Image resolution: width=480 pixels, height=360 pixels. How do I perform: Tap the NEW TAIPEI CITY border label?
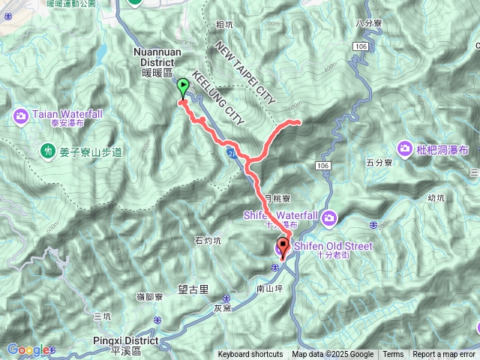[246, 72]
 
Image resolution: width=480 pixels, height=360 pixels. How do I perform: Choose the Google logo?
[28, 349]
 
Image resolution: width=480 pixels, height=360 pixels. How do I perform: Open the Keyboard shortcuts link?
[250, 355]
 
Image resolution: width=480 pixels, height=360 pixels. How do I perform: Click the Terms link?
[393, 355]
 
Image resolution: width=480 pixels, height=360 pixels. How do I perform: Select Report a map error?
[445, 355]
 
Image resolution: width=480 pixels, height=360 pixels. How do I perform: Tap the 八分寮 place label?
[370, 23]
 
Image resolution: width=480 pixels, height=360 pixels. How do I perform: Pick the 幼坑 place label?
[436, 198]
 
